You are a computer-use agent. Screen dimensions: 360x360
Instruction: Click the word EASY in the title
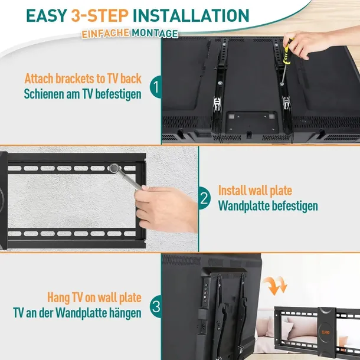click(47, 15)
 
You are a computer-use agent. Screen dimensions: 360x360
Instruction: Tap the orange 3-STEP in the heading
click(100, 15)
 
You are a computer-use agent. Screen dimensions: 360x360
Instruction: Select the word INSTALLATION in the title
click(191, 15)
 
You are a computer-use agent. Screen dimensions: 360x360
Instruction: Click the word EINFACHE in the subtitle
click(106, 33)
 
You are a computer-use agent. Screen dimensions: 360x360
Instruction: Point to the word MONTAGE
click(155, 34)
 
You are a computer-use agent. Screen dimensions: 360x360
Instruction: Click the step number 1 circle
click(156, 87)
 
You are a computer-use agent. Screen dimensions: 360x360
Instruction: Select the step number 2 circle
click(204, 198)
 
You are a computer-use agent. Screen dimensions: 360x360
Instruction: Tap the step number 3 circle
click(156, 306)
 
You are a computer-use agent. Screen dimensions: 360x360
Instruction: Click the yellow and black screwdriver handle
click(287, 53)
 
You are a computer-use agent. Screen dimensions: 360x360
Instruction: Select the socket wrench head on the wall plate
click(114, 168)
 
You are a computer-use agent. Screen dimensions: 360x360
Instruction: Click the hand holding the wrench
click(166, 209)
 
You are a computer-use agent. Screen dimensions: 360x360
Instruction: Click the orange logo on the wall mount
click(326, 333)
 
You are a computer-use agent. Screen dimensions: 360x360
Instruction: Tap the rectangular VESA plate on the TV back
click(251, 123)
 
